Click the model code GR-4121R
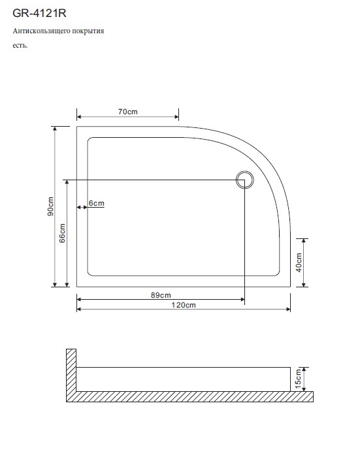[x=39, y=13]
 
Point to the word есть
[x=20, y=46]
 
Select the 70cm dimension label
[x=128, y=112]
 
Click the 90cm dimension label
[x=50, y=206]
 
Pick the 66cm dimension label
[x=62, y=233]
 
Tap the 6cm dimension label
[x=97, y=203]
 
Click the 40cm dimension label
[x=299, y=263]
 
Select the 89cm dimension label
[x=161, y=295]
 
